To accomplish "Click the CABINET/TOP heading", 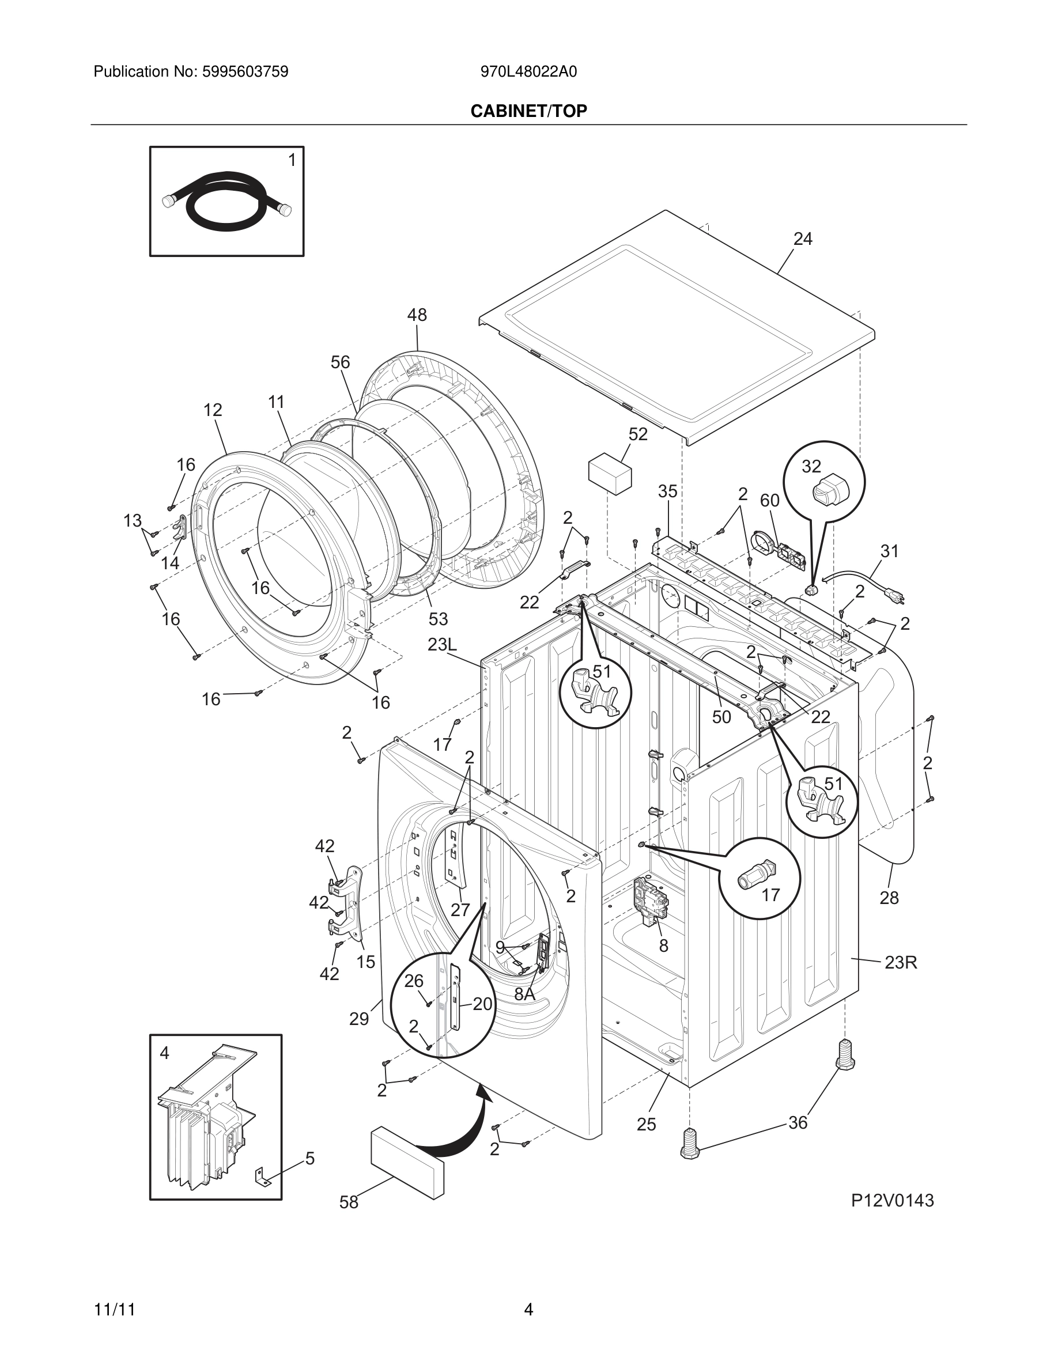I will point(528,111).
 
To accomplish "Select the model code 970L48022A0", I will point(528,72).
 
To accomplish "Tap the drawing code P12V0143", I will point(892,1200).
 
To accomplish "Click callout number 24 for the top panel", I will point(802,239).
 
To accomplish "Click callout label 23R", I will point(901,962).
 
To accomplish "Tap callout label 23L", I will point(442,645).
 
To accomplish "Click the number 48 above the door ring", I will point(417,315).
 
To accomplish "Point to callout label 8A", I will point(524,993).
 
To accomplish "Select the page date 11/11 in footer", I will point(114,1310).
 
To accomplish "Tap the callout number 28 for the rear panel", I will point(889,898).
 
